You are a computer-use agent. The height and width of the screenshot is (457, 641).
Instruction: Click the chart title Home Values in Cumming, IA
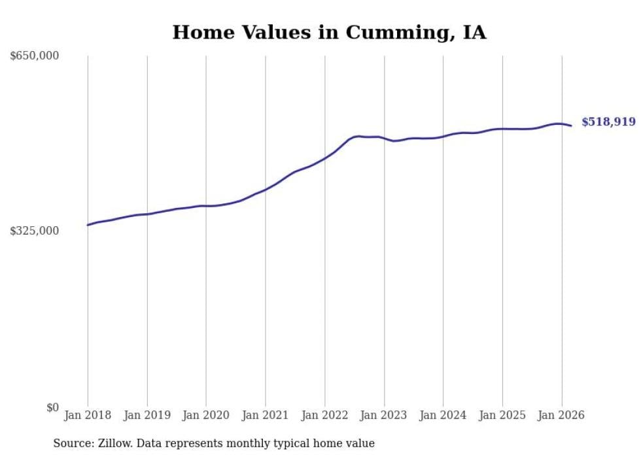329,32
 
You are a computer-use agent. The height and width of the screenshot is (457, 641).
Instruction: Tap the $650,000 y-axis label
35,56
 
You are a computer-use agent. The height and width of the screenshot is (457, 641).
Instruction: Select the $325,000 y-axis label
35,231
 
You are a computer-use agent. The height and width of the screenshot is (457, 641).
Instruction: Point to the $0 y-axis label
52,407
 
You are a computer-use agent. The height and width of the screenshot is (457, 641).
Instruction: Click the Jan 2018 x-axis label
88,415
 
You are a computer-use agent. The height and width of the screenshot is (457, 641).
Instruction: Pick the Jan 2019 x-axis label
147,415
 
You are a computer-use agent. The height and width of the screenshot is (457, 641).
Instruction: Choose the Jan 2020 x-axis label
206,415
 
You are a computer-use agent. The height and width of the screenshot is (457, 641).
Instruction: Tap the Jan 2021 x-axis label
266,415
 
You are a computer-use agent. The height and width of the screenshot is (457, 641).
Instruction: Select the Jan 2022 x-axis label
324,415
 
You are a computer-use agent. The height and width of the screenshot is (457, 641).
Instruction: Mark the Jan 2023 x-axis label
384,415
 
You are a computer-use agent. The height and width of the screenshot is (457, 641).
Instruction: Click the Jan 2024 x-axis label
443,415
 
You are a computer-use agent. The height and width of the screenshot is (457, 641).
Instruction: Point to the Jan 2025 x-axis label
502,415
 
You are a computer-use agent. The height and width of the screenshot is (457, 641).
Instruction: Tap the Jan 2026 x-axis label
562,415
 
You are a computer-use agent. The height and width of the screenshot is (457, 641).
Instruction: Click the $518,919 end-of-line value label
608,122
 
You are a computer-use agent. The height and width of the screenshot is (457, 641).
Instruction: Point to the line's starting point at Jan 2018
88,225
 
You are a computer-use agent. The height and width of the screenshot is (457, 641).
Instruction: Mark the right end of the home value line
572,126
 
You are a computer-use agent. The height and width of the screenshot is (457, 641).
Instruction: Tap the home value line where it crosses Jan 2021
266,190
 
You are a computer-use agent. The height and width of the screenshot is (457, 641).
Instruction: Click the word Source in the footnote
71,443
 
